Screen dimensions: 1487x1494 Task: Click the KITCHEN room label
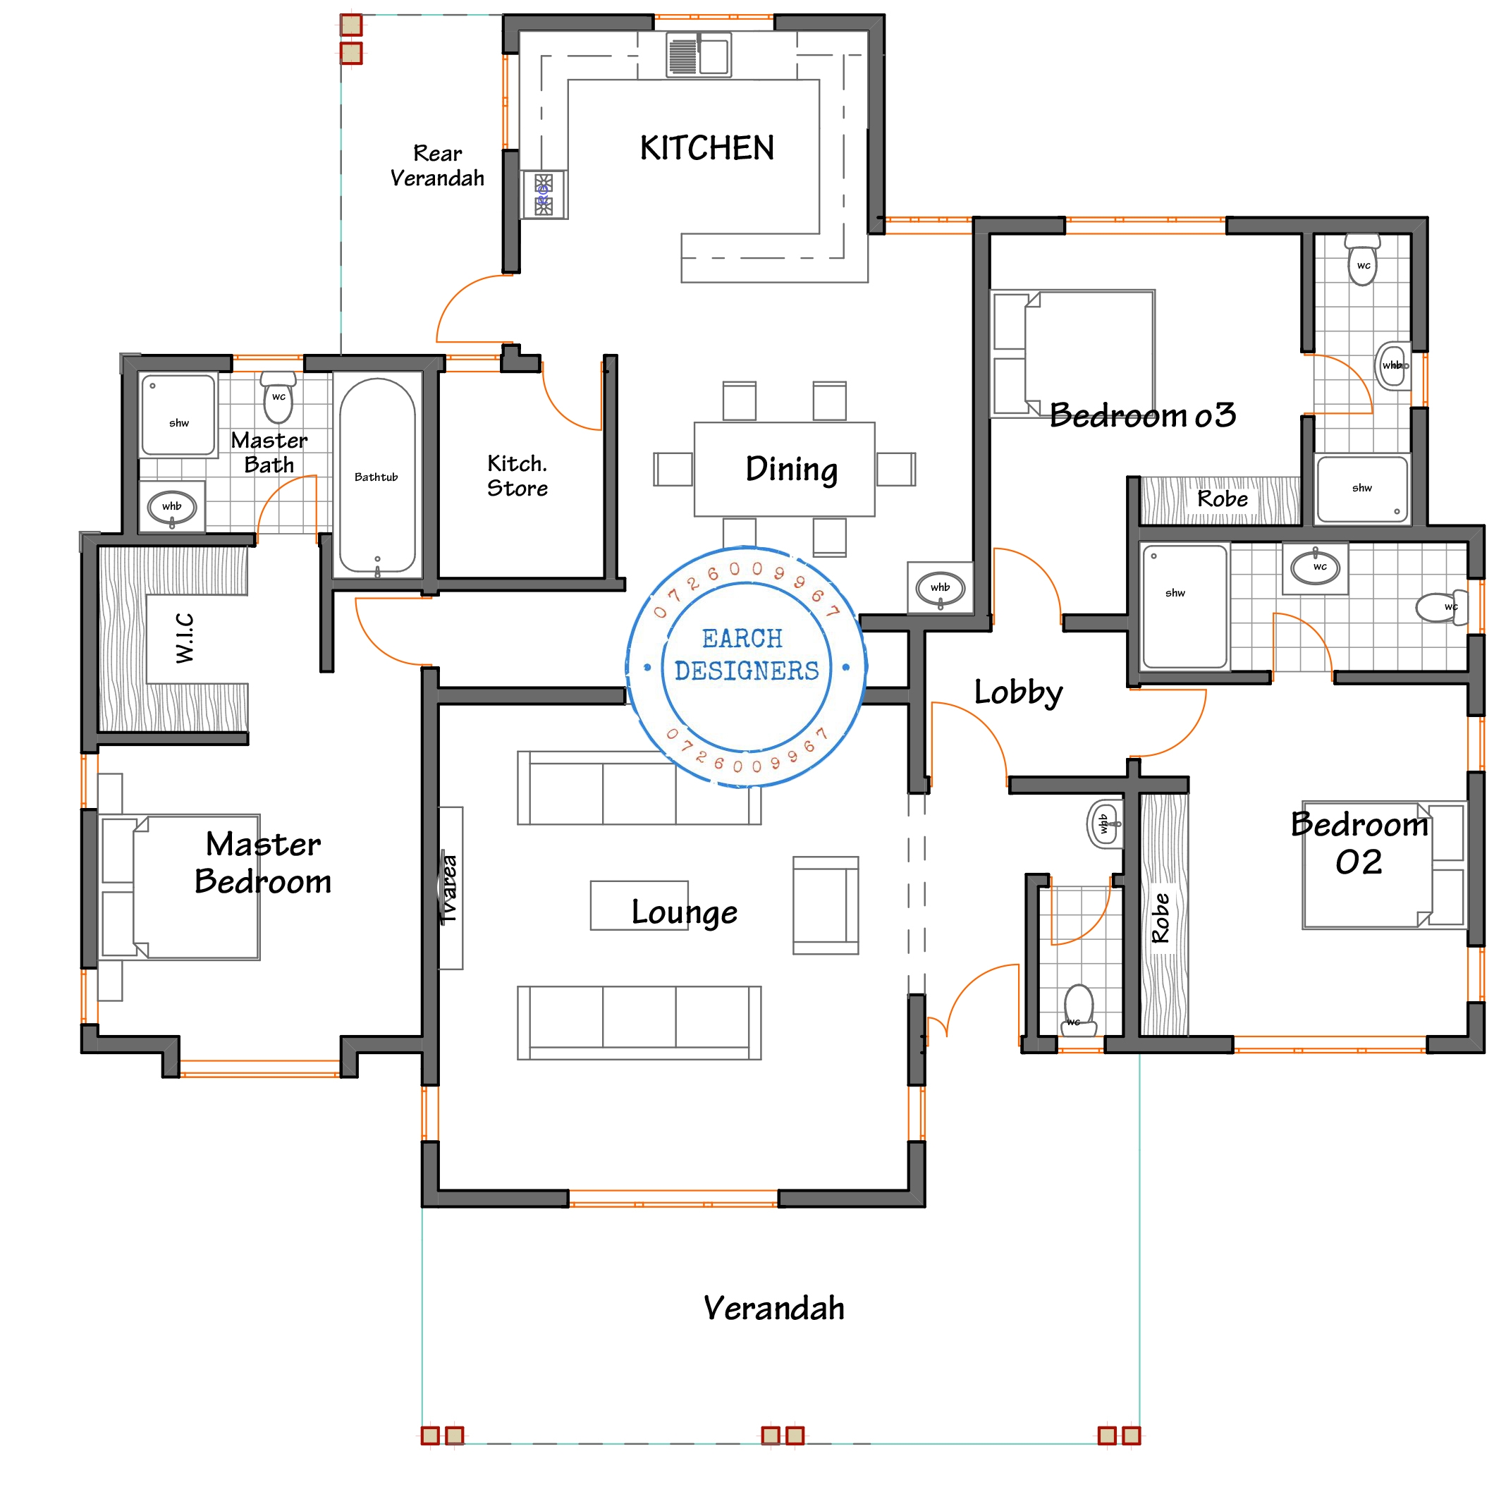click(x=706, y=147)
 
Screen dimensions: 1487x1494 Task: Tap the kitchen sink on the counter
click(x=698, y=56)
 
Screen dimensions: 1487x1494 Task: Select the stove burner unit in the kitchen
click(x=544, y=194)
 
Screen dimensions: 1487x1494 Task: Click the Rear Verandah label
click(x=437, y=166)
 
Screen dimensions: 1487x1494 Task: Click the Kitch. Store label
click(x=518, y=475)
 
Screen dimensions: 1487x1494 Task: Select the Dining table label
click(x=791, y=469)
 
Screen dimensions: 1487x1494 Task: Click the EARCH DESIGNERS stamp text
click(x=745, y=654)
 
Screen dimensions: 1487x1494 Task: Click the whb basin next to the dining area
click(x=940, y=588)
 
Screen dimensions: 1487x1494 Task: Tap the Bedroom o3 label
click(x=1142, y=415)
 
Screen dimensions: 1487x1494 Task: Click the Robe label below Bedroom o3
click(x=1222, y=498)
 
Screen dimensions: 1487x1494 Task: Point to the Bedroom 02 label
click(x=1359, y=843)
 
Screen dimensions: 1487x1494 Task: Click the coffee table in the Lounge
click(x=639, y=905)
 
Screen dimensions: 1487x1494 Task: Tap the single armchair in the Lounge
click(x=825, y=905)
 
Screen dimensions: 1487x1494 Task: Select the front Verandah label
click(x=773, y=1309)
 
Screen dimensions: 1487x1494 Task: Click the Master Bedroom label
click(x=263, y=862)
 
